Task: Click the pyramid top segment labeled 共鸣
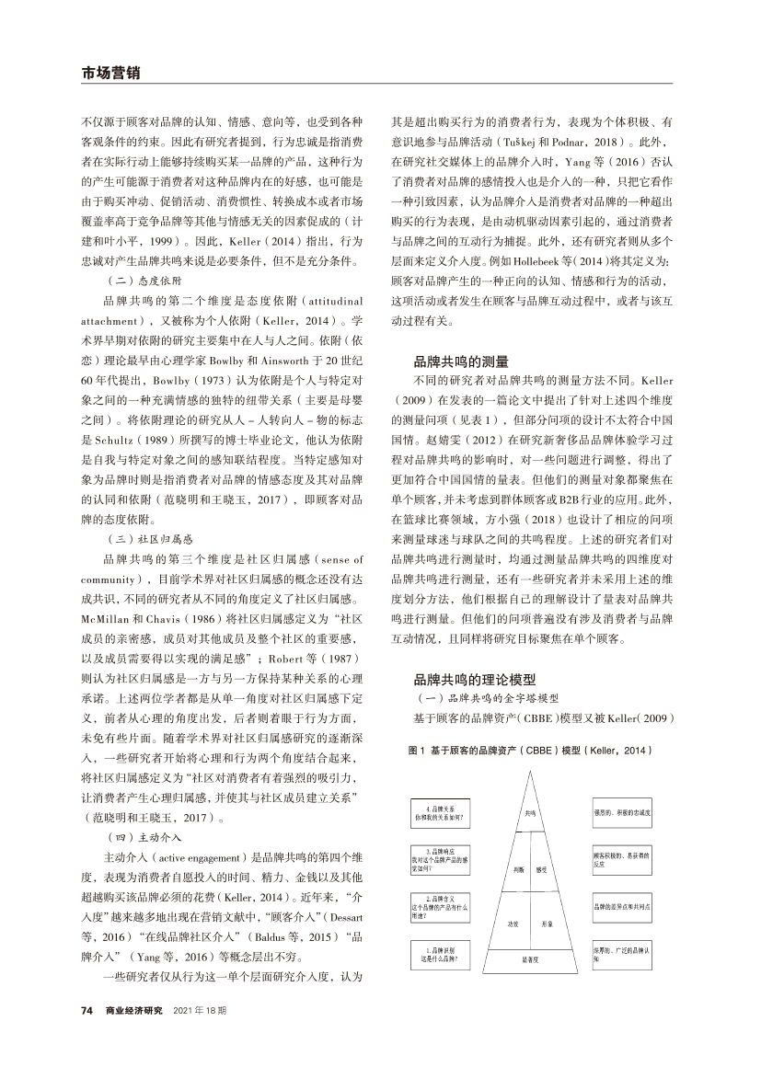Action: (x=531, y=813)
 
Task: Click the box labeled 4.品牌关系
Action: (x=440, y=813)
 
